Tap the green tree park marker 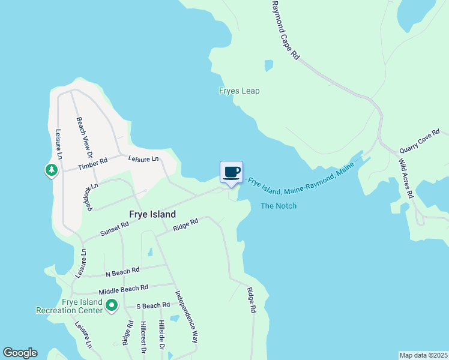(x=52, y=170)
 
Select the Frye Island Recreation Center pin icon (x=111, y=306)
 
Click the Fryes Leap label (x=239, y=91)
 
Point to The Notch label (x=279, y=206)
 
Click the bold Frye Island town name (x=153, y=214)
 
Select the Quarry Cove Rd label (x=420, y=141)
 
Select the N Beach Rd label (x=122, y=271)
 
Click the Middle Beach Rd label (x=123, y=289)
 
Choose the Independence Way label (x=186, y=316)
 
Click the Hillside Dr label (x=161, y=335)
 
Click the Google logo (x=20, y=353)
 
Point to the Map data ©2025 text (x=423, y=355)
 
